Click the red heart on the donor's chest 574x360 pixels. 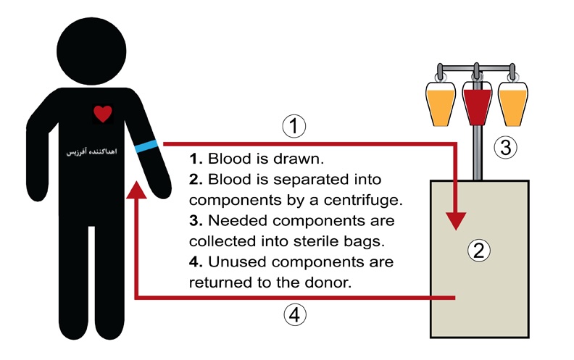[x=103, y=114]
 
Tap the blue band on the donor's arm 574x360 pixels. [x=146, y=145]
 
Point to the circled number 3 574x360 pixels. [x=506, y=148]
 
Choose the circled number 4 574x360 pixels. [x=293, y=315]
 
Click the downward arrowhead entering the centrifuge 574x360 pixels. [x=455, y=219]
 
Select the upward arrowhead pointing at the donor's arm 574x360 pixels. [x=137, y=191]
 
